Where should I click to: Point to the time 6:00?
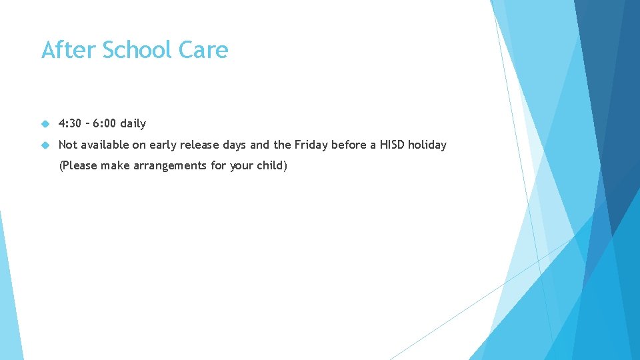(107, 123)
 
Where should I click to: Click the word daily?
(133, 123)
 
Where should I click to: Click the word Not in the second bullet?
(68, 145)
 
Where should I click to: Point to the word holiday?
(427, 145)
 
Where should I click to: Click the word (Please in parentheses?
(78, 165)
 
